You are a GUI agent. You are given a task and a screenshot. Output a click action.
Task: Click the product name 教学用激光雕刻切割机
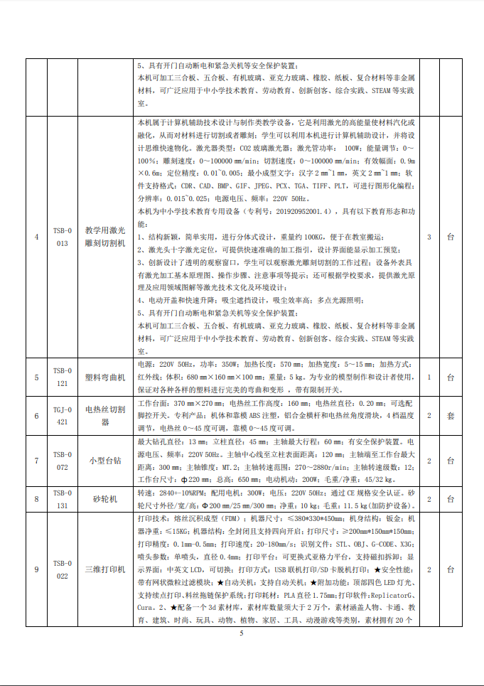105,237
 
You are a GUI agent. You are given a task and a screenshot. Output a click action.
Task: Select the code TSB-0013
63,237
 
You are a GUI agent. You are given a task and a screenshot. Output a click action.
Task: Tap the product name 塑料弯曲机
105,377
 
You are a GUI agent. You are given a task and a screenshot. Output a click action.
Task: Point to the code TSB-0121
63,377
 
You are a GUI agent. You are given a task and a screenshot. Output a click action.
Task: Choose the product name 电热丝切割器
105,416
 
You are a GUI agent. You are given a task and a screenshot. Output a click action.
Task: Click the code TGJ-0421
63,416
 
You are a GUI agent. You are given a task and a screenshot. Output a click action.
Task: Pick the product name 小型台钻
105,461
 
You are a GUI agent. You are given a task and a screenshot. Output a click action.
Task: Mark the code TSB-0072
63,461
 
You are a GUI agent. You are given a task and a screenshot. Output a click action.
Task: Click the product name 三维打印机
105,569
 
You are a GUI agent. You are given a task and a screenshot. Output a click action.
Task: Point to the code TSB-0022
63,569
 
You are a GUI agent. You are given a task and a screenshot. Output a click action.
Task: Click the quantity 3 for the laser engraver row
429,237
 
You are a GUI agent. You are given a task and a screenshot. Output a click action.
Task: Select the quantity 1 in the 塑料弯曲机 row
429,377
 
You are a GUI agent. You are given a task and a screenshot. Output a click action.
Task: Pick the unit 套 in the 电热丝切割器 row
450,416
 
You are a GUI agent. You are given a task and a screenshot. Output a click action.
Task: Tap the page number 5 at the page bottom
242,633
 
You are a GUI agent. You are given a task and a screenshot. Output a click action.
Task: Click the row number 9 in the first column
36,569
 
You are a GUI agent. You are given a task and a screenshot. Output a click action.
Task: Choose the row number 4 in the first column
36,237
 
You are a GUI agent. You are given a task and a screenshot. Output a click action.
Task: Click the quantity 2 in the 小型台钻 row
429,461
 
